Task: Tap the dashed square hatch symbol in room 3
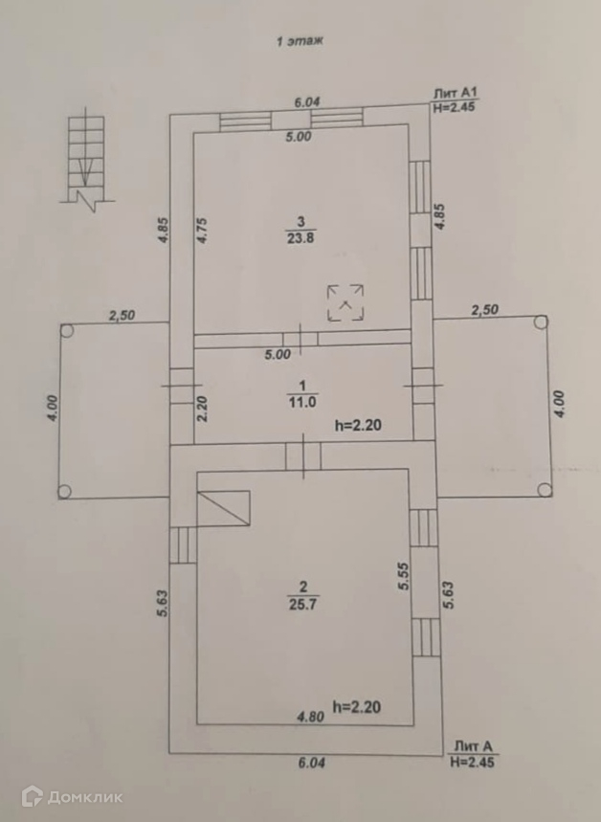(345, 301)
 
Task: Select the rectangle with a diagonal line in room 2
(223, 507)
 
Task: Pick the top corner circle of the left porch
(66, 331)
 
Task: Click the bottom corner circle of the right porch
(544, 490)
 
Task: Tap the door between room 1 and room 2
(303, 454)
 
